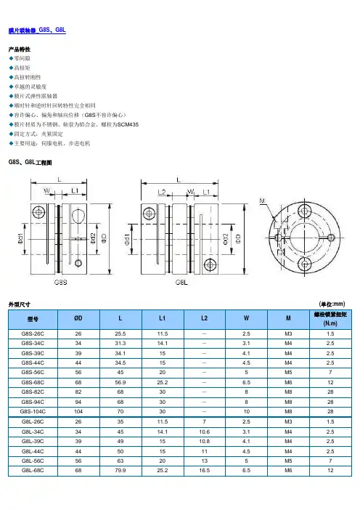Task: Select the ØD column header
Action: tap(78, 318)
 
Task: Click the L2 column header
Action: tap(204, 318)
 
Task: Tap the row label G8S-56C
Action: tap(33, 372)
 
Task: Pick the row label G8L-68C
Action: tap(33, 470)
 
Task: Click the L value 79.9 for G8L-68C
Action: tap(120, 470)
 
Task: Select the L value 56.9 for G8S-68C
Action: tap(120, 382)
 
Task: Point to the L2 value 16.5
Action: tap(205, 470)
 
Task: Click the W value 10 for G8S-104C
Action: tap(247, 411)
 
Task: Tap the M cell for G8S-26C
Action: tap(288, 333)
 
